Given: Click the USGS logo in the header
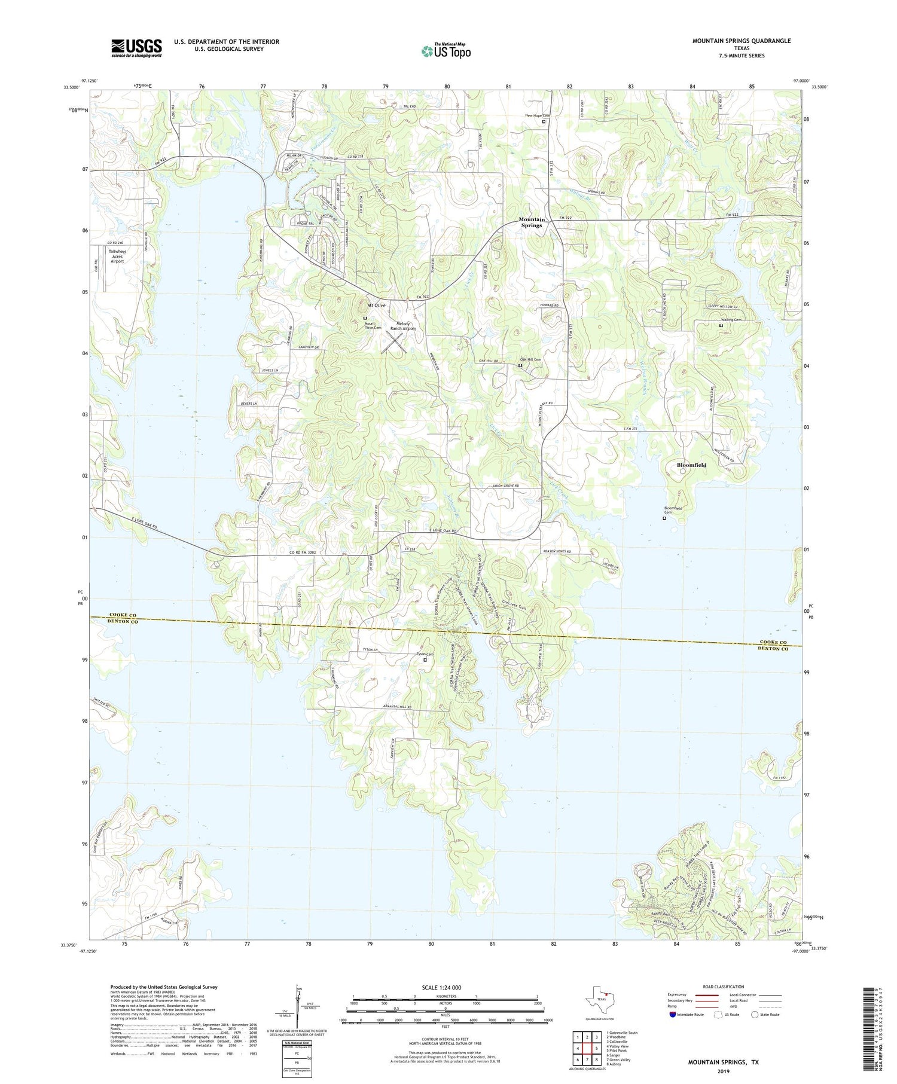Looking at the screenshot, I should point(136,48).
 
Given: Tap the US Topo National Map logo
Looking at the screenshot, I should point(446,51).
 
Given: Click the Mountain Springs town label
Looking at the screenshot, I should point(531,222).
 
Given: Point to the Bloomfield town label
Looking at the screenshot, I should point(691,465).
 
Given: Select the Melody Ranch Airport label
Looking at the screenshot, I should point(402,326).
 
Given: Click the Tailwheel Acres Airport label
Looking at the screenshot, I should point(117,256).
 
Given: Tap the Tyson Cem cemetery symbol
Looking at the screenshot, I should point(425,660).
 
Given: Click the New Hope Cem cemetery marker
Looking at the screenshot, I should point(544,121).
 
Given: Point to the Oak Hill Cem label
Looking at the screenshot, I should point(529,359).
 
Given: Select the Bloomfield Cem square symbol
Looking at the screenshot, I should point(664,518).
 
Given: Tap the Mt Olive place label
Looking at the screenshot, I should point(377,305).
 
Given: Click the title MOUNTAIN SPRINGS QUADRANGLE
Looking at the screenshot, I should point(741,41).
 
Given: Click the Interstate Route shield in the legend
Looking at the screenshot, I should point(673,1015).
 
